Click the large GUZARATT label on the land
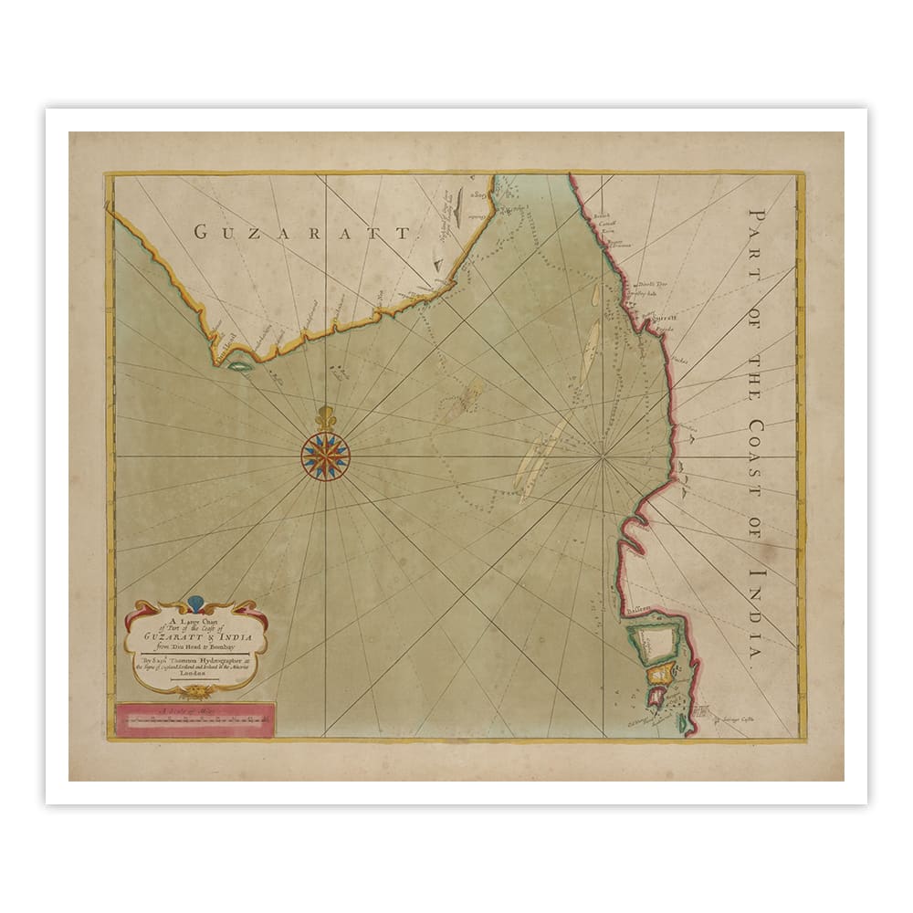click(302, 232)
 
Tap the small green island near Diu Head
click(240, 366)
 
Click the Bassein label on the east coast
click(638, 610)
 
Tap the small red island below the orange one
click(656, 698)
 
